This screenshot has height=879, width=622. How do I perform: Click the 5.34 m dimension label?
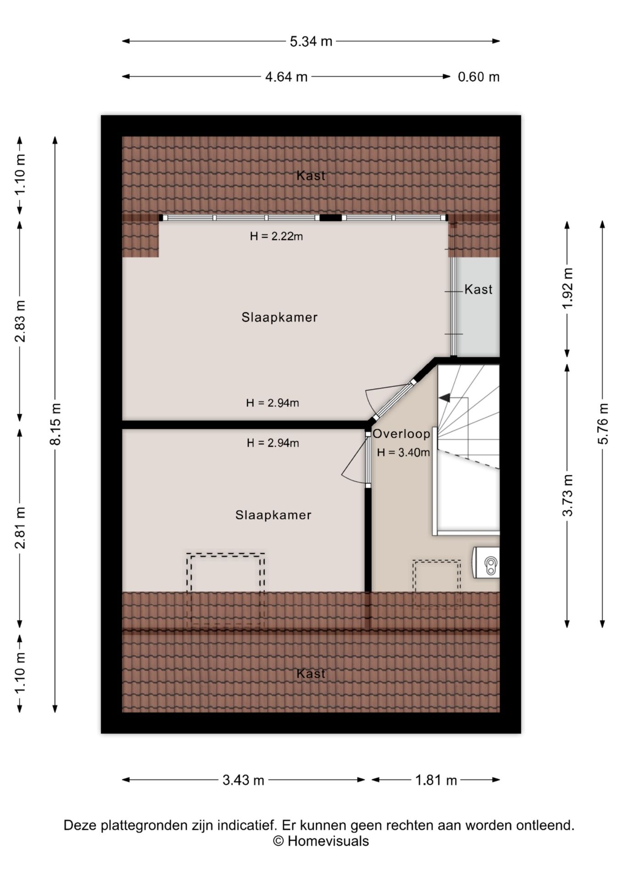[x=311, y=41]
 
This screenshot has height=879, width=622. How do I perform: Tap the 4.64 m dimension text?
[x=286, y=76]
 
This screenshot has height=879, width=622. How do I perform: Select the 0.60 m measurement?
[x=479, y=76]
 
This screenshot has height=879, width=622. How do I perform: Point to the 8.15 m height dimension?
[x=55, y=423]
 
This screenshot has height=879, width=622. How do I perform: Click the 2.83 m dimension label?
[x=20, y=321]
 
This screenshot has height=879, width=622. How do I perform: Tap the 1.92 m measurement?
[x=567, y=288]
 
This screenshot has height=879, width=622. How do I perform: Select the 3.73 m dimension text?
[x=567, y=495]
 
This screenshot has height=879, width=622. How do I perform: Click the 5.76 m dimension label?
[x=603, y=423]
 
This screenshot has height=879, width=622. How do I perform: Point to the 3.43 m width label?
[x=244, y=780]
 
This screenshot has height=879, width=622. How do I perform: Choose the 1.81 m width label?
[x=436, y=780]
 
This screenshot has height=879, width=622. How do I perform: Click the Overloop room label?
[x=401, y=434]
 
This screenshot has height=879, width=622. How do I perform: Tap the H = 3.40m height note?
[x=404, y=453]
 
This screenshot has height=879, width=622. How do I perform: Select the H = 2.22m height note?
[x=276, y=236]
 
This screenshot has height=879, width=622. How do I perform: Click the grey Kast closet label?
[x=479, y=289]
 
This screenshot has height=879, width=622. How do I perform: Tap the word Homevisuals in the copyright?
[x=328, y=841]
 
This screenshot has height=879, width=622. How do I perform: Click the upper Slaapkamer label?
[x=279, y=317]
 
